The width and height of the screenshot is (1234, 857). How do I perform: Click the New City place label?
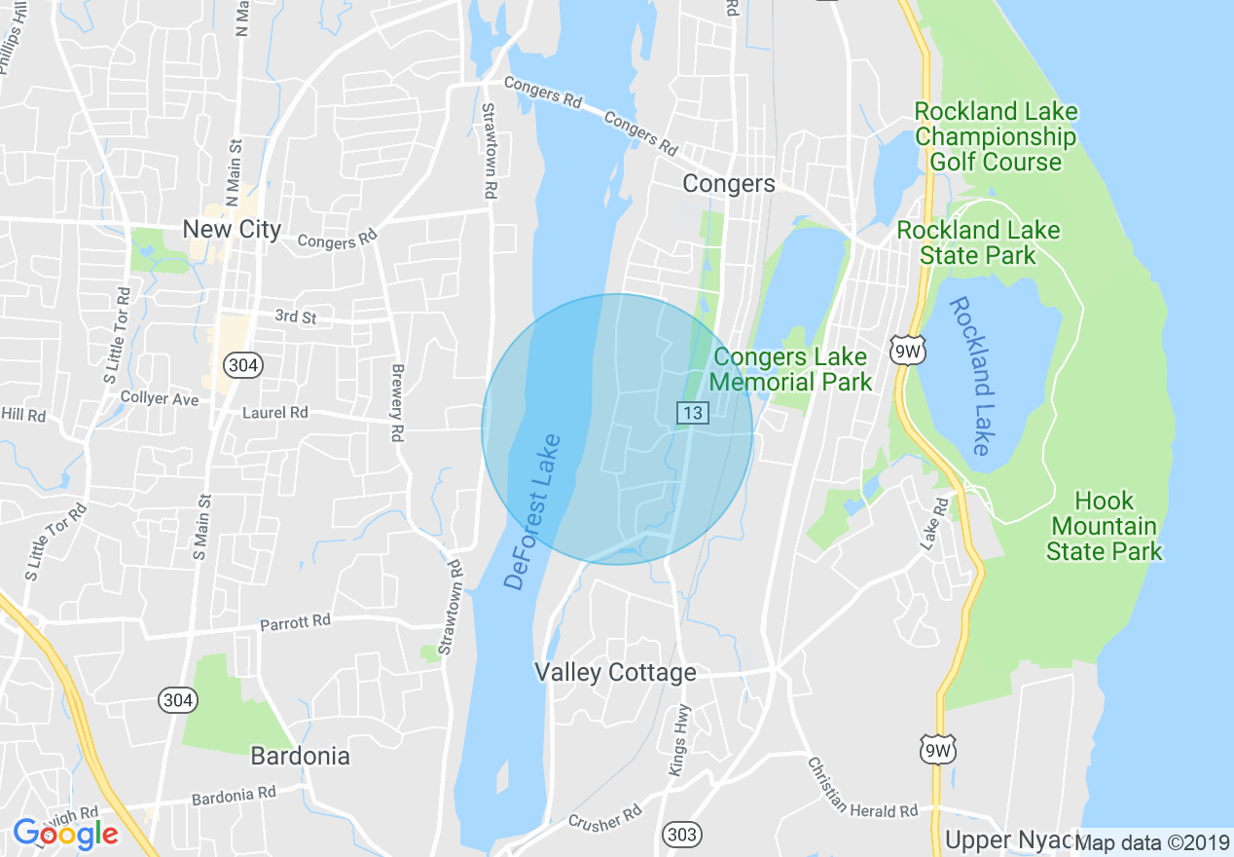[x=233, y=230]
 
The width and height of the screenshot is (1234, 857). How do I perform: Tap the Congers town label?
[x=729, y=184]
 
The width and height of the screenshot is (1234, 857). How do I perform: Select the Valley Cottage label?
[x=615, y=673]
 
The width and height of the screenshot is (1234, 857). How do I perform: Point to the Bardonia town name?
[x=300, y=756]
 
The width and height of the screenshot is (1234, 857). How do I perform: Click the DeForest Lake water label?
[x=532, y=512]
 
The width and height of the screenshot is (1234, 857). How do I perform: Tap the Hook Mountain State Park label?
[x=1105, y=527]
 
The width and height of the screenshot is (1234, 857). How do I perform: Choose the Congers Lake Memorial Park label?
[x=790, y=369]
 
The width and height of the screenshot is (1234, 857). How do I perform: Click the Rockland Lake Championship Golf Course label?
[x=996, y=136]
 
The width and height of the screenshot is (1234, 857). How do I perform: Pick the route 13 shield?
[x=692, y=414]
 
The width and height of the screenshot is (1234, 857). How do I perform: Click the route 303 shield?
[x=681, y=834]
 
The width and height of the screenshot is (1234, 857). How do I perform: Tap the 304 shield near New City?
[x=241, y=365]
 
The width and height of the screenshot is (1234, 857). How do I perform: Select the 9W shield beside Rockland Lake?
[x=906, y=351]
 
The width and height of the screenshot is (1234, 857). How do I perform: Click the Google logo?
[x=66, y=834]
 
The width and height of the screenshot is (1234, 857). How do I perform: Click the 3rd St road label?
[x=296, y=317]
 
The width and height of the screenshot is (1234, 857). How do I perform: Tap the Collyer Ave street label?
[x=160, y=398]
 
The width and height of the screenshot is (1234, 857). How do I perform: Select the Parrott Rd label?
[x=295, y=621]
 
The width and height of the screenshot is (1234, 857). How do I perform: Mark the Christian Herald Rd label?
[x=862, y=787]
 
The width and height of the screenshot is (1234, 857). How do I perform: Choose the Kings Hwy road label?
[x=679, y=739]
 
